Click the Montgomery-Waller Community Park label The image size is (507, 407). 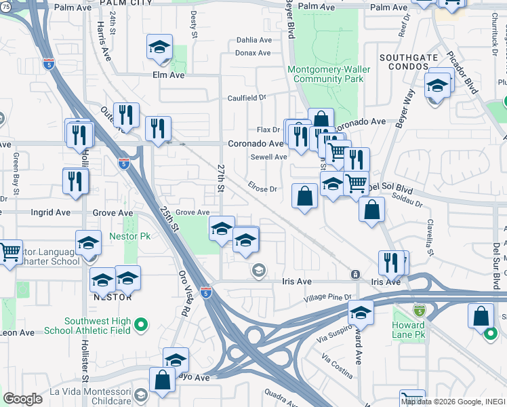[325, 74]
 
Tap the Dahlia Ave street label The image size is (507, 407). [253, 40]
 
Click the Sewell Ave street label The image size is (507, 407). [268, 157]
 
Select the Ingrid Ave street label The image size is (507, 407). [50, 212]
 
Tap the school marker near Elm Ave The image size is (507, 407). [159, 47]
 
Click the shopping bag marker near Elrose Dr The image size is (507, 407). [305, 196]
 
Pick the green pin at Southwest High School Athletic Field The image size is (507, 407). [141, 325]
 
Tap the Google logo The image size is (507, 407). [22, 399]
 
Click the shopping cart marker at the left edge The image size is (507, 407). [9, 253]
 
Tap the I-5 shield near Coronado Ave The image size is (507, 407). [123, 163]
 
